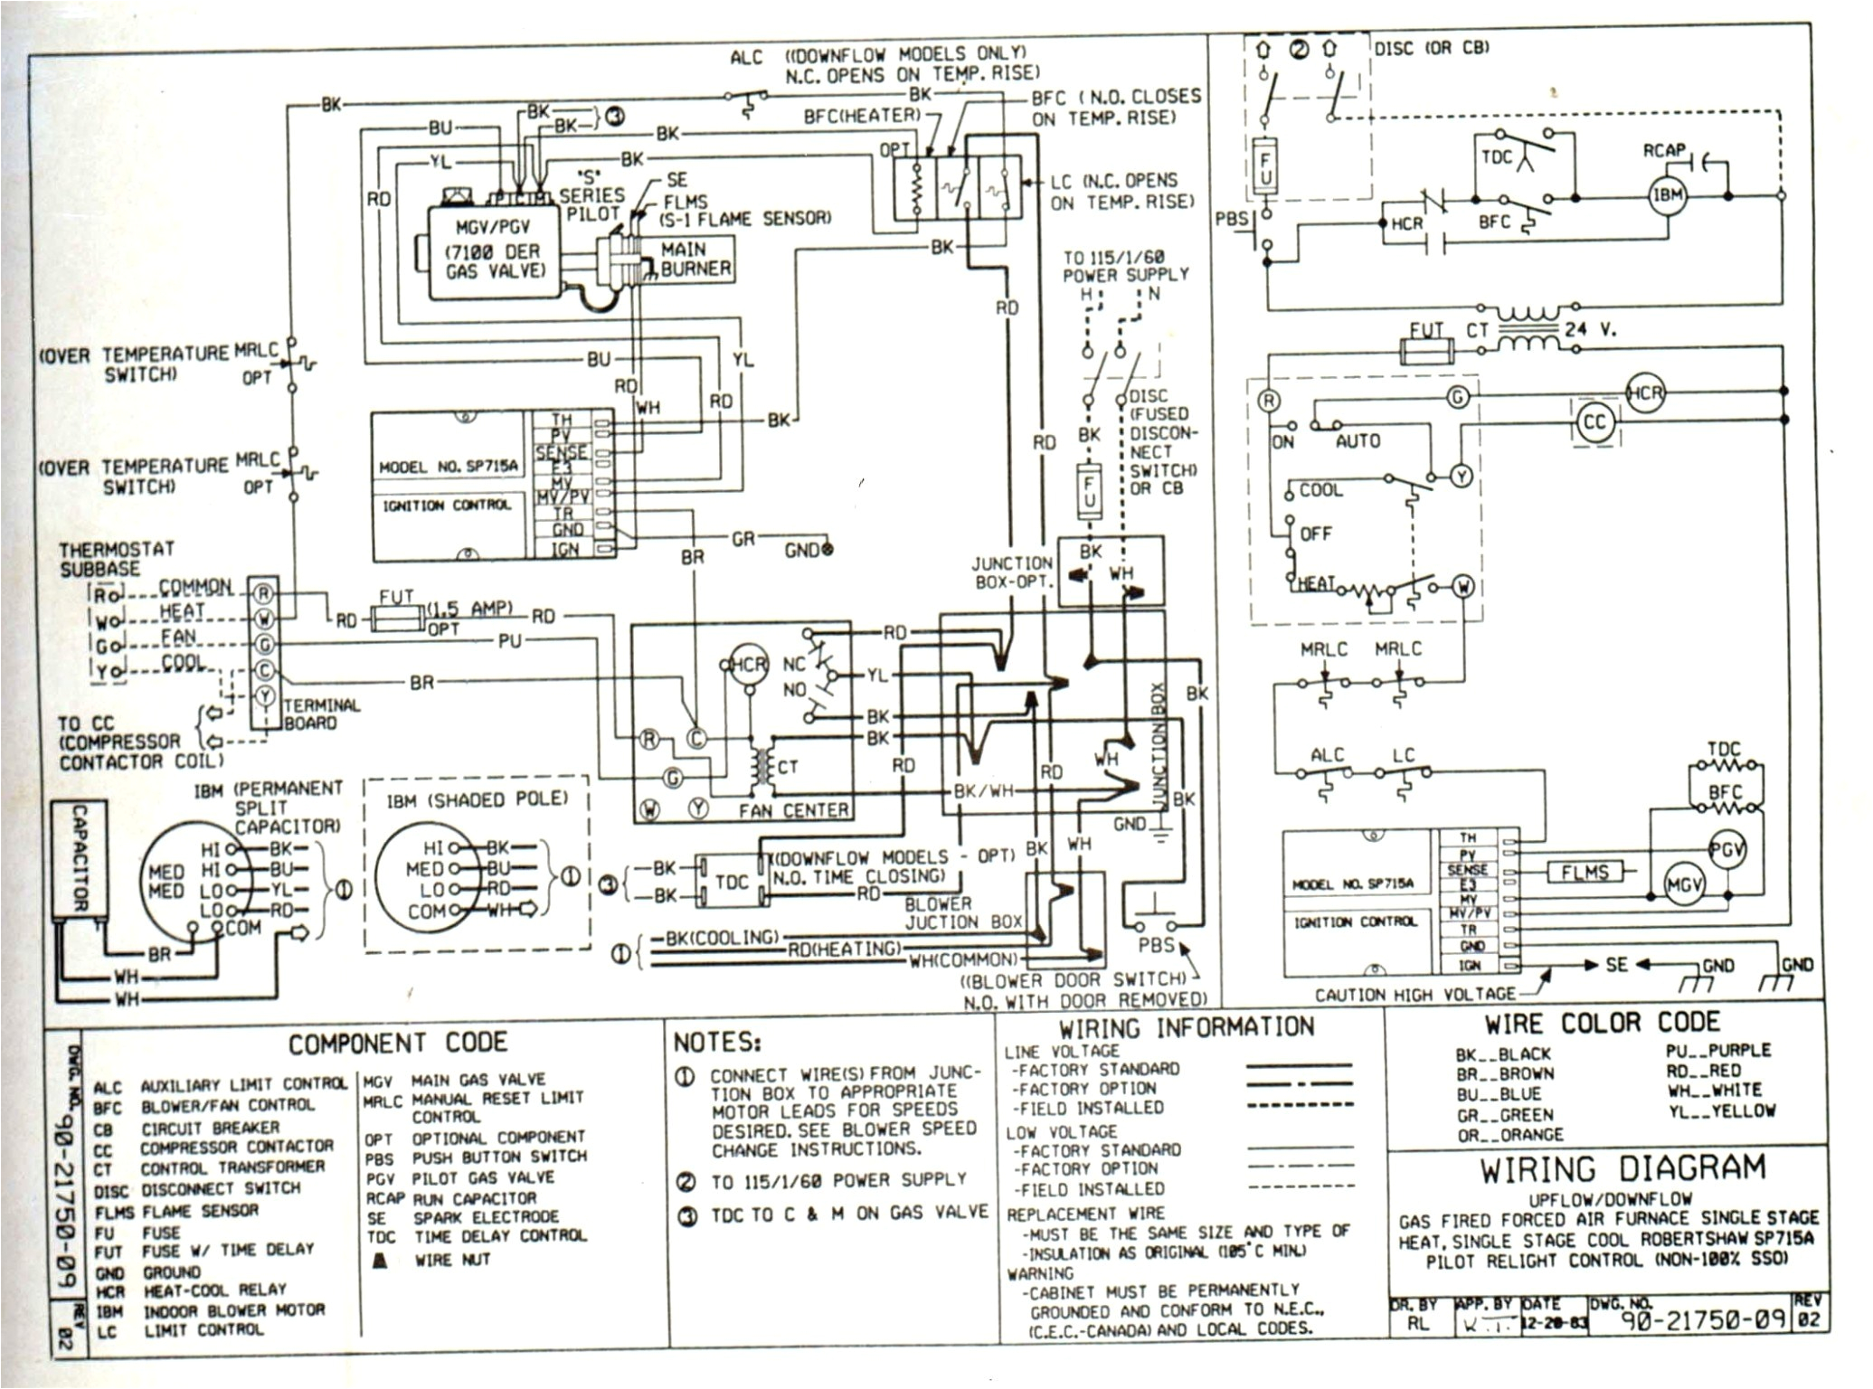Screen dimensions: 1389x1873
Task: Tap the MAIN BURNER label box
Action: click(695, 259)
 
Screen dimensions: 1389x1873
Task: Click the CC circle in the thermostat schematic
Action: click(1594, 422)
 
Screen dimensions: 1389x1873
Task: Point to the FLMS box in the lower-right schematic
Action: click(1584, 872)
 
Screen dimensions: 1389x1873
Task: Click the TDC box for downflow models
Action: click(731, 881)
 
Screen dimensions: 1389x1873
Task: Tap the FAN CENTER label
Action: click(793, 810)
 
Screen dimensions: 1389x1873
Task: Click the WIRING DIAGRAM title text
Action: click(1622, 1169)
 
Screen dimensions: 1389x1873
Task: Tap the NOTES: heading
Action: click(718, 1043)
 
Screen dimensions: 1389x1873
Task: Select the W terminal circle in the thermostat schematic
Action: click(1462, 587)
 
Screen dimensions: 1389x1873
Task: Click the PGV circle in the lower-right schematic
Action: click(1726, 849)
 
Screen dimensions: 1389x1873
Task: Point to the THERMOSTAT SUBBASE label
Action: click(117, 559)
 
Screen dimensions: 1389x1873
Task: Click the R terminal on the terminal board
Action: click(264, 593)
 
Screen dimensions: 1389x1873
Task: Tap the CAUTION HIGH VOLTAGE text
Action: click(1414, 995)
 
